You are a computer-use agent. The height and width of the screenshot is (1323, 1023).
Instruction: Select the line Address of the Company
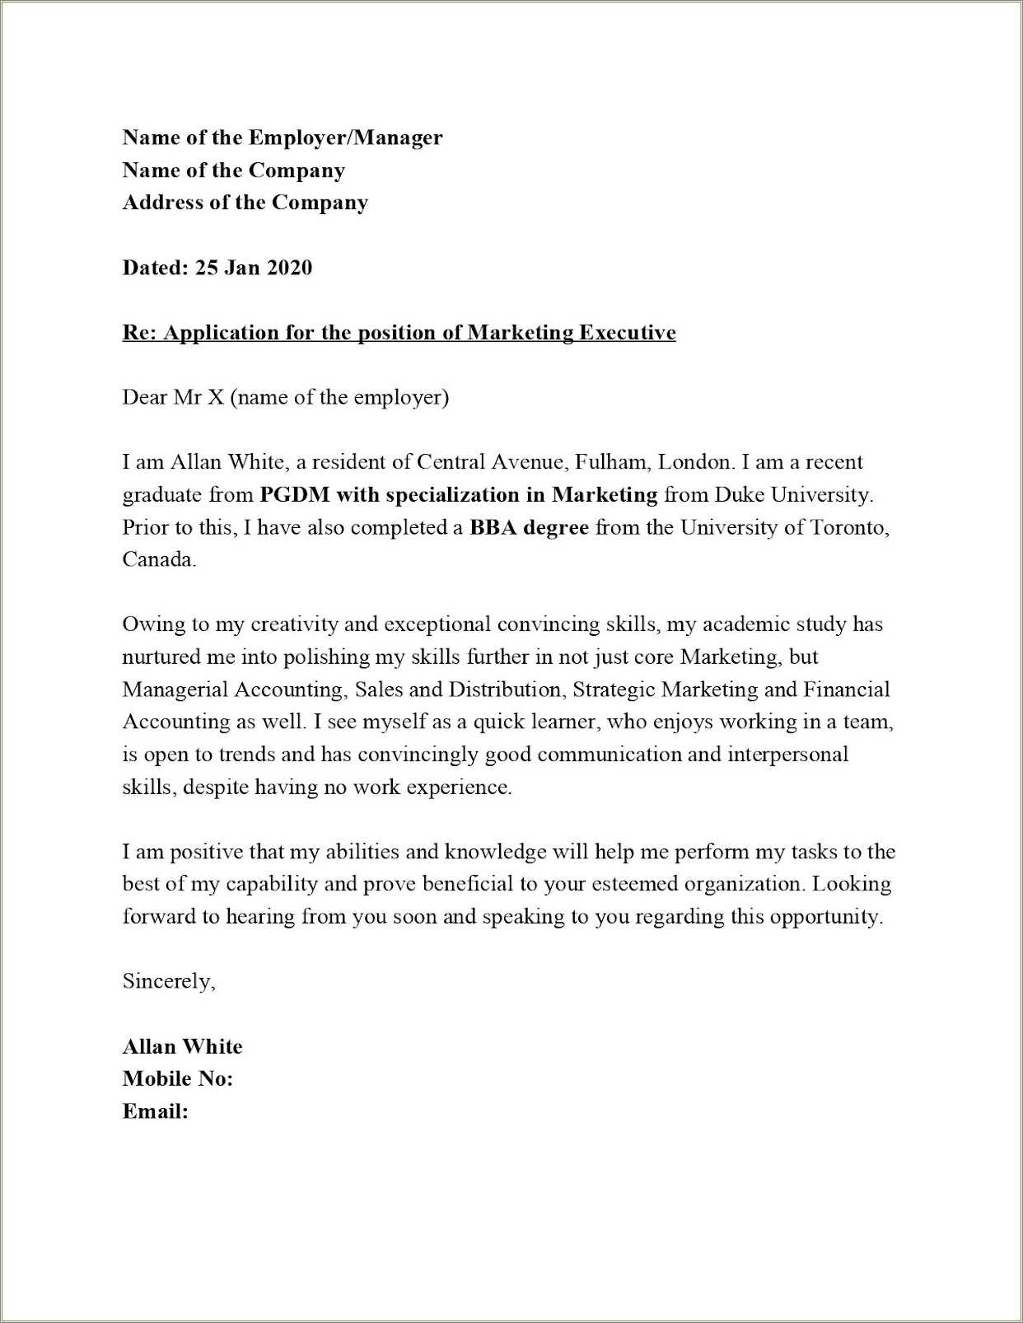[245, 203]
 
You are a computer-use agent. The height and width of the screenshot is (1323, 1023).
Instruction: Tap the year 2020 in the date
[289, 268]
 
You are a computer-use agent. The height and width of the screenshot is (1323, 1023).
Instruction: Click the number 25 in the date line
[205, 268]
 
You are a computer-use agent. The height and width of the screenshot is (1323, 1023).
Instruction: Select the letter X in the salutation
[215, 398]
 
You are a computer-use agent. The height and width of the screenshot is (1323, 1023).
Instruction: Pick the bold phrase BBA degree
[529, 528]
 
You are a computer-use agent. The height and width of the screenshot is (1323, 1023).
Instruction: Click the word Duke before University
[738, 495]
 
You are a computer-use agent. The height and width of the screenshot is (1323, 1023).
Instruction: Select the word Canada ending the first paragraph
[158, 560]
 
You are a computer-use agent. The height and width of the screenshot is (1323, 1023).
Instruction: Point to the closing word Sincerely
[168, 982]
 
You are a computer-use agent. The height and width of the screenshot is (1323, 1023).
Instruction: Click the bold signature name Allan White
[182, 1047]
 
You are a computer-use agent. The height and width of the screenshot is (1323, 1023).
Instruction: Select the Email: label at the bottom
[155, 1112]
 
